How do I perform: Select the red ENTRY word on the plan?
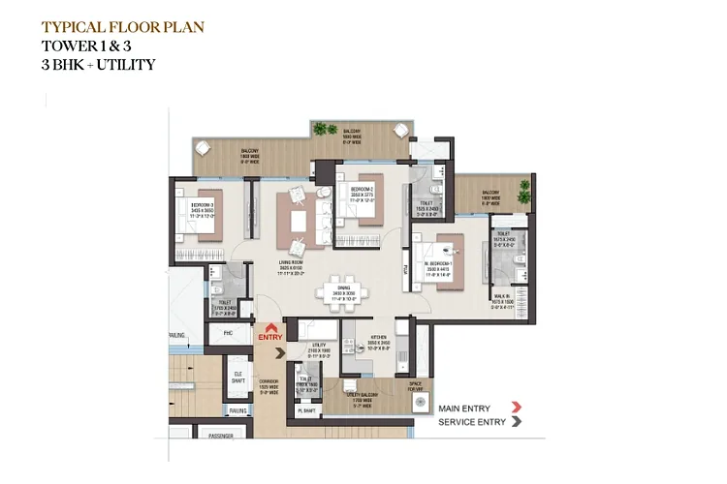pos(269,337)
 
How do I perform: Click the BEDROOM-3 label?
pos(202,206)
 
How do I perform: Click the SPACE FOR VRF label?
pos(415,387)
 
